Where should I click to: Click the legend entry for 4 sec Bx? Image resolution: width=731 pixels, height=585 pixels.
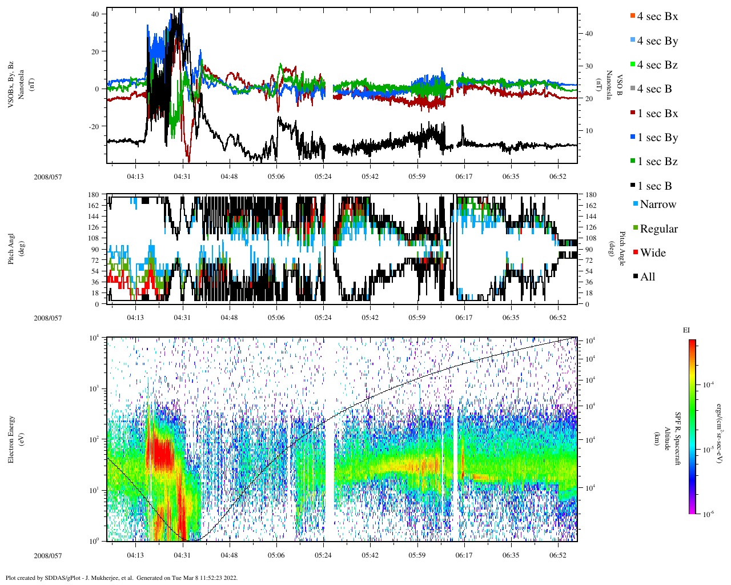pos(657,17)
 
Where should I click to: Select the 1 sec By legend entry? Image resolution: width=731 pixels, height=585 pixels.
pos(657,138)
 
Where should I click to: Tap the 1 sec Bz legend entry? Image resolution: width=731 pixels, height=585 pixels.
pos(657,162)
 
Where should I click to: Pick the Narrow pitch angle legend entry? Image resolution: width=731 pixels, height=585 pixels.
pos(657,205)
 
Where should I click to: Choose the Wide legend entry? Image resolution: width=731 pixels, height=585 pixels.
pos(652,253)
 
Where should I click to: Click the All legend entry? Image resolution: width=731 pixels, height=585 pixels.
pos(647,277)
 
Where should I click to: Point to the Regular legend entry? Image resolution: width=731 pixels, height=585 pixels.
pos(658,229)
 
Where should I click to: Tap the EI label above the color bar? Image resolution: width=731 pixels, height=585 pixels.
pos(686,330)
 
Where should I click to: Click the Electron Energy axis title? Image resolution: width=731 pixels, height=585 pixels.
pos(11,439)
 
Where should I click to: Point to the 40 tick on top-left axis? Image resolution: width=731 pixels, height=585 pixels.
pos(95,14)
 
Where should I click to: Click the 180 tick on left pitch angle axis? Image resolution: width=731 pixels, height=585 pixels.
pos(94,195)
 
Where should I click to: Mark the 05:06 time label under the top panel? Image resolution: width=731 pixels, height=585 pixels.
pos(276,177)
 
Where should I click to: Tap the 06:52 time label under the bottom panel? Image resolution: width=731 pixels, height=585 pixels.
pos(558,555)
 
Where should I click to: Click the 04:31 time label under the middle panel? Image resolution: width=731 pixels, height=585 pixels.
pos(182,318)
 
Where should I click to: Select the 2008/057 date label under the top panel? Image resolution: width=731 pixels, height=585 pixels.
pos(47,177)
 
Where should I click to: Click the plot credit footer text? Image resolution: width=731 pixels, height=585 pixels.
pos(121,578)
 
